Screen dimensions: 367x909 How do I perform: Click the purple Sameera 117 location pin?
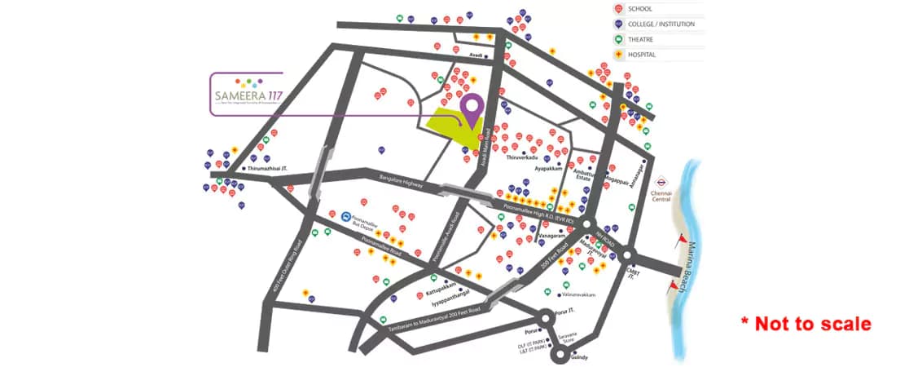pyautogui.click(x=471, y=108)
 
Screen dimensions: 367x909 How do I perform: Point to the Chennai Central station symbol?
pyautogui.click(x=661, y=183)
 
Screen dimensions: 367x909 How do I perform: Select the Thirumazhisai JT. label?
pyautogui.click(x=268, y=169)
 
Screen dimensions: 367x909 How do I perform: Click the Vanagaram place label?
pyautogui.click(x=552, y=235)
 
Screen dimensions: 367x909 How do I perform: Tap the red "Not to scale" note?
pyautogui.click(x=806, y=324)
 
